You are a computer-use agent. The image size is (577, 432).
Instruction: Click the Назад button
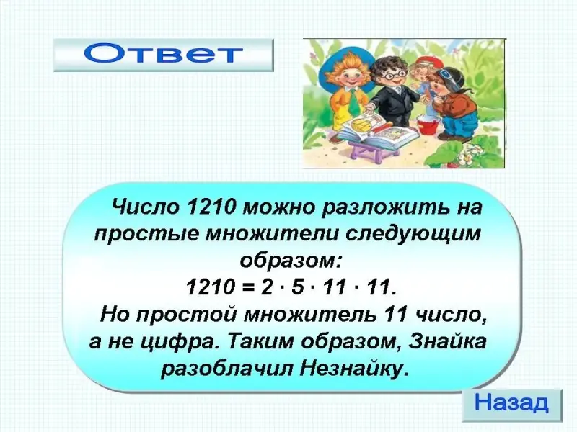pyautogui.click(x=512, y=405)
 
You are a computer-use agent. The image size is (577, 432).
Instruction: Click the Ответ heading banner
pyautogui.click(x=164, y=55)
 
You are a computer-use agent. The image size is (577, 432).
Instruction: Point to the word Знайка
pyautogui.click(x=447, y=341)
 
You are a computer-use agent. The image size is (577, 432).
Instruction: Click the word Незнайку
pyautogui.click(x=354, y=369)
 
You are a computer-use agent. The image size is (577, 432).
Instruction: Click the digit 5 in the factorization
pyautogui.click(x=296, y=287)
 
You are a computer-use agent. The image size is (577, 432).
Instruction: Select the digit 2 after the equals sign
pyautogui.click(x=266, y=287)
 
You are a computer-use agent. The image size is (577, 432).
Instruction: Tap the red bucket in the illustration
pyautogui.click(x=428, y=124)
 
